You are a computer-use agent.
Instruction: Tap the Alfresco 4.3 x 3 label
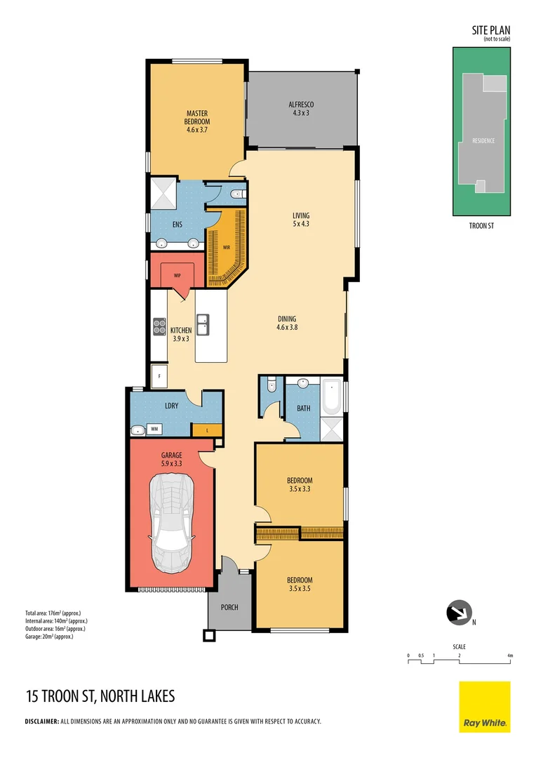(x=300, y=108)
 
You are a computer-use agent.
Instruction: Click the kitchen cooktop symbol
(x=159, y=326)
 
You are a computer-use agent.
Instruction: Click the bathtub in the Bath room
(x=330, y=398)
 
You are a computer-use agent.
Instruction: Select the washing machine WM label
(x=154, y=430)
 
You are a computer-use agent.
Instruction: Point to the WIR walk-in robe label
(x=227, y=248)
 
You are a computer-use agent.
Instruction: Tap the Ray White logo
(x=484, y=706)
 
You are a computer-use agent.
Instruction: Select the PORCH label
(x=229, y=607)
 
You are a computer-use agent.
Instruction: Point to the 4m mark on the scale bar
(x=511, y=656)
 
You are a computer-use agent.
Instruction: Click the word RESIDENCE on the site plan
(x=483, y=140)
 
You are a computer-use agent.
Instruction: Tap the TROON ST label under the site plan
(x=483, y=226)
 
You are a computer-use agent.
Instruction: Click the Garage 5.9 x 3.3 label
(x=172, y=458)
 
